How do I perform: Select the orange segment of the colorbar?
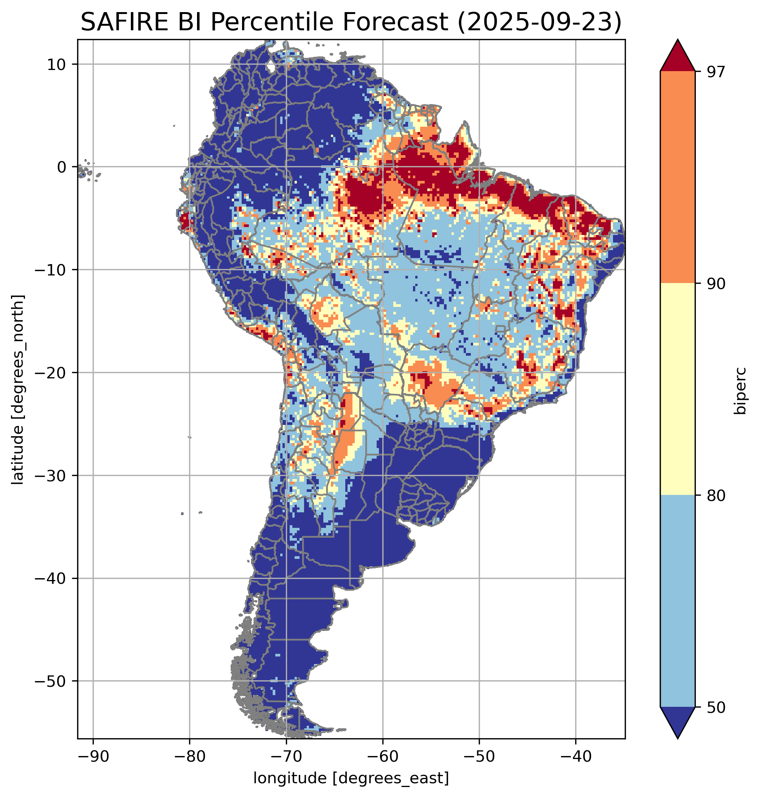[x=677, y=177]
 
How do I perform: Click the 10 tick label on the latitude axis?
[x=57, y=64]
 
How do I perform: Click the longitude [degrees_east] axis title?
[x=351, y=778]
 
